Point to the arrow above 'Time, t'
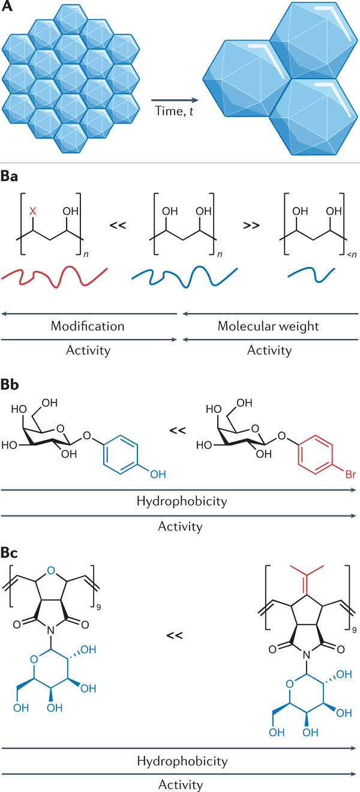pyautogui.click(x=174, y=101)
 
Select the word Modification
pyautogui.click(x=88, y=326)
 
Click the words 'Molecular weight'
pyautogui.click(x=269, y=326)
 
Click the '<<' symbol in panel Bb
pyautogui.click(x=177, y=430)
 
